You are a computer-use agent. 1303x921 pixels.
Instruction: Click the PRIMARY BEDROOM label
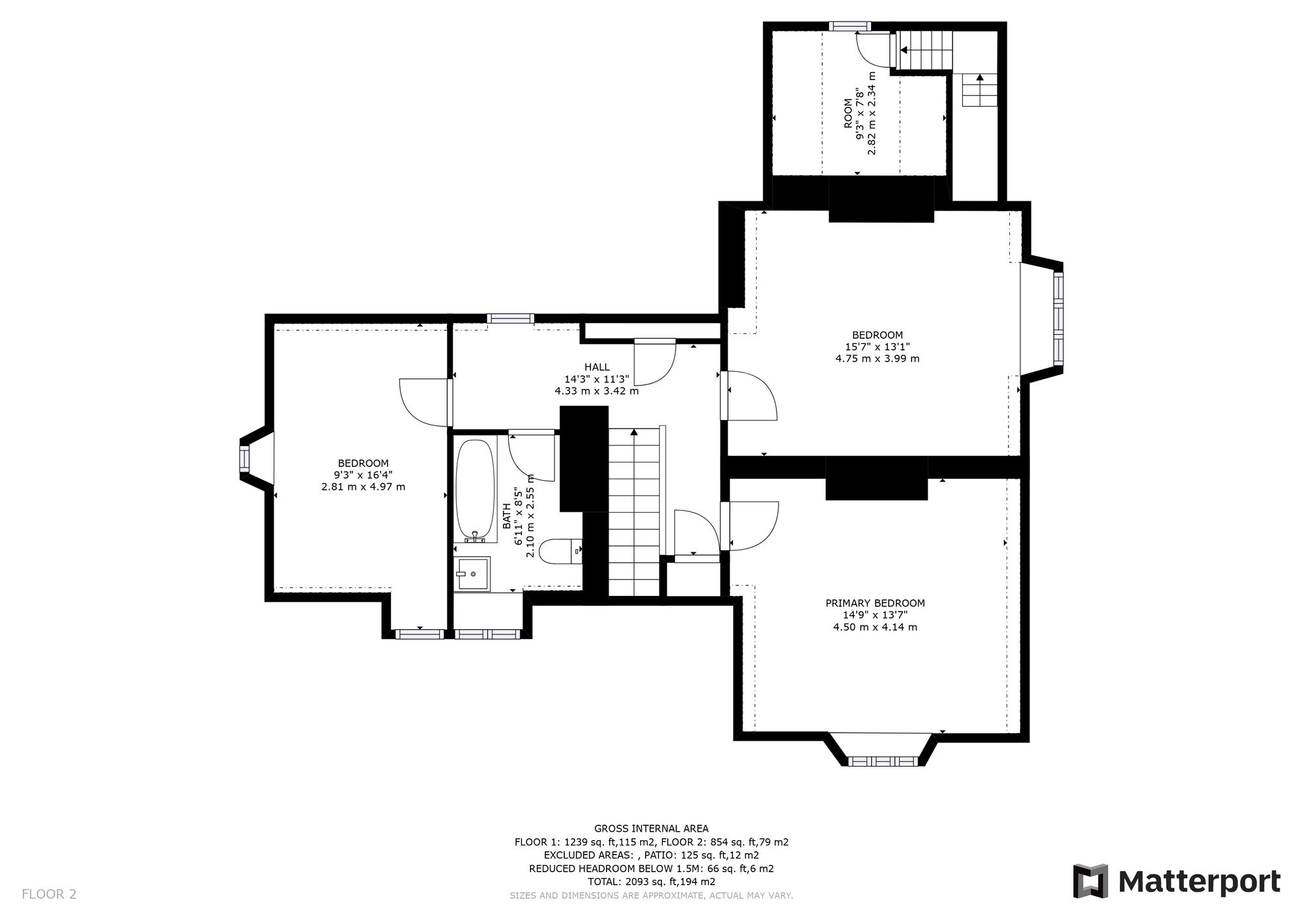(x=875, y=603)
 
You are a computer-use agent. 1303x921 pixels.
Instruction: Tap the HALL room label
(x=597, y=367)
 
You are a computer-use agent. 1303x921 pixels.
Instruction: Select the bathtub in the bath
(x=475, y=490)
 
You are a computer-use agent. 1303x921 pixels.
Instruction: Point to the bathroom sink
(x=472, y=574)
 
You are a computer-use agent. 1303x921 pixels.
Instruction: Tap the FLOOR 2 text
(x=49, y=894)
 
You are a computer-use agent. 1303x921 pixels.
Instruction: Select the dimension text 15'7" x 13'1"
(x=877, y=347)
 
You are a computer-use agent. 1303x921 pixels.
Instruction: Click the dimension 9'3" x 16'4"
(x=363, y=475)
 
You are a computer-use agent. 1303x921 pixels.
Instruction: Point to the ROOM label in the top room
(x=848, y=113)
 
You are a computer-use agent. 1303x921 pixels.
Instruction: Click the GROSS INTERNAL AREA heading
(x=651, y=829)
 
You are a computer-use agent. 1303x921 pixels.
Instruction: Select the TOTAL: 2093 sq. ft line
(x=651, y=881)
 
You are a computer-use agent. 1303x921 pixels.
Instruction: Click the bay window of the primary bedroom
(x=881, y=760)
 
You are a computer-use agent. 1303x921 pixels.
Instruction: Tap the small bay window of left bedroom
(x=245, y=459)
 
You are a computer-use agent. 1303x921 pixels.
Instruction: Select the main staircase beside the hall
(x=634, y=511)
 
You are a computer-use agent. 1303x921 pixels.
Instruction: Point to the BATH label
(x=507, y=515)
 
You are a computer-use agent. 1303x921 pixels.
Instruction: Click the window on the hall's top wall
(x=510, y=319)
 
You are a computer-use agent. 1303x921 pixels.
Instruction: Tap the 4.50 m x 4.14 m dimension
(x=875, y=627)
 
